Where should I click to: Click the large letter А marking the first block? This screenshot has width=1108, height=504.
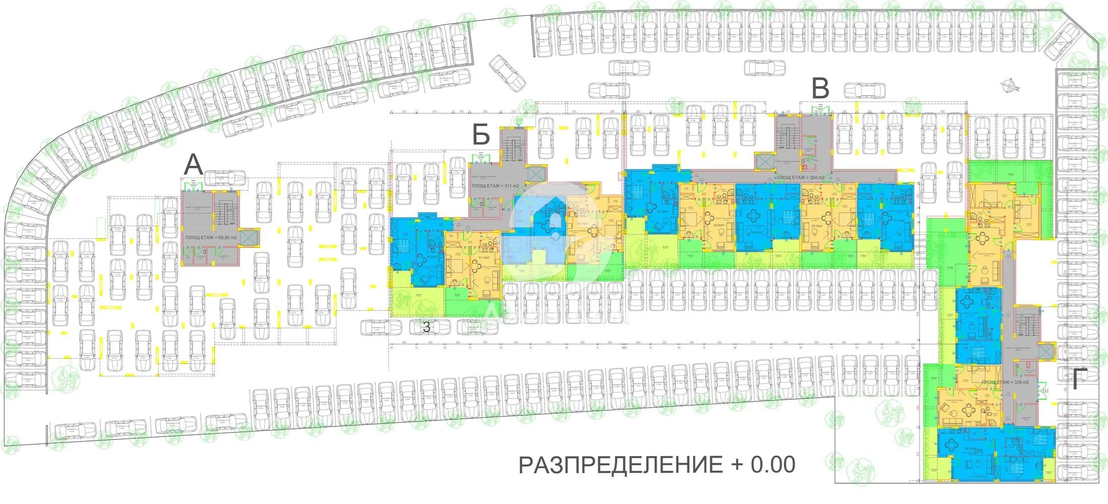[194, 165]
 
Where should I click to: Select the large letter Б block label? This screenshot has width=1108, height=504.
[481, 135]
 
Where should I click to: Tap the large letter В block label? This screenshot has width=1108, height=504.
[821, 89]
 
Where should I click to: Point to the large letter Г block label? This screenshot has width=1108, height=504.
[1076, 380]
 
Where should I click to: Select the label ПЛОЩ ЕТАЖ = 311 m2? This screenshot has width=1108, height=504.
[495, 186]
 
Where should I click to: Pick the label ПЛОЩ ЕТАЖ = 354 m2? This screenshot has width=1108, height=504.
[800, 178]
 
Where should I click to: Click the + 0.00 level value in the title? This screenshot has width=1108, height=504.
[762, 465]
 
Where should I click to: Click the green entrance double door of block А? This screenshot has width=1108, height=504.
[193, 186]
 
